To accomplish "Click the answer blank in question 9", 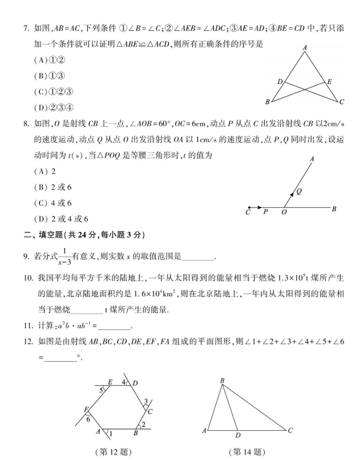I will [x=199, y=257].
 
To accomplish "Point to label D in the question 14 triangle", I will [x=238, y=435].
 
